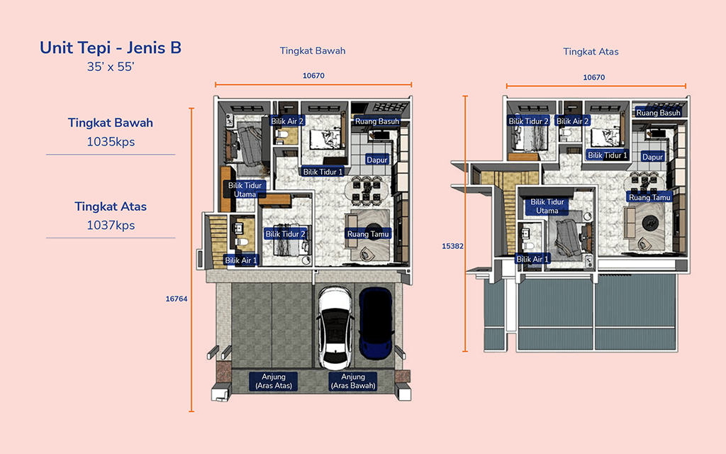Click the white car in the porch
(335, 327)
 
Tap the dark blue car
(376, 323)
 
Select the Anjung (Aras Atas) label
(274, 381)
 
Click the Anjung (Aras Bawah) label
(353, 381)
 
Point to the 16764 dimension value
(177, 299)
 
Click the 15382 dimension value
(452, 246)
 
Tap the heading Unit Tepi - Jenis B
(110, 48)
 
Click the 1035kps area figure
(111, 142)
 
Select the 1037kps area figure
(111, 225)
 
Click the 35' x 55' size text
(110, 67)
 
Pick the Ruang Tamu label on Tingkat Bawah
(368, 234)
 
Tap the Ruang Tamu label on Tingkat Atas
(649, 197)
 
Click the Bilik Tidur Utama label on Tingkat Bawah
(245, 189)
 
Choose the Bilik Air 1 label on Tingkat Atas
(532, 259)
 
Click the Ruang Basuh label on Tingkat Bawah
(377, 121)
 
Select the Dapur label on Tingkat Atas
(652, 157)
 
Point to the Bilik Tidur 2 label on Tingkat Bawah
(285, 234)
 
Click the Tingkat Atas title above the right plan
(591, 51)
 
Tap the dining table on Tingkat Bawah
(367, 190)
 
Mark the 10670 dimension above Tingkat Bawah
(313, 75)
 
